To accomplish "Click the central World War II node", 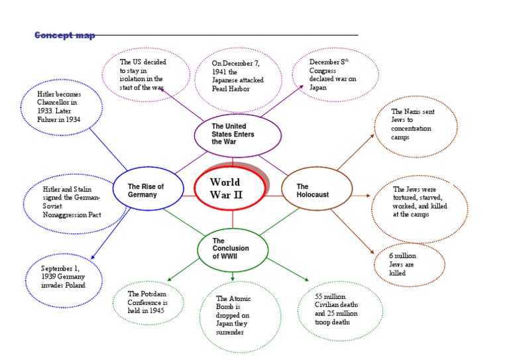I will pyautogui.click(x=230, y=188).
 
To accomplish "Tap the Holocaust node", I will pyautogui.click(x=316, y=191).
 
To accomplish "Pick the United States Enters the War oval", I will pyautogui.click(x=237, y=134).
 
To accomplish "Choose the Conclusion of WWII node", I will pyautogui.click(x=232, y=248).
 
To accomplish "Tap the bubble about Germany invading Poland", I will pyautogui.click(x=63, y=276).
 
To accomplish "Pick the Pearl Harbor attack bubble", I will pyautogui.click(x=237, y=76).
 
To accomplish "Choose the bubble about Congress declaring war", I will pyautogui.click(x=335, y=75).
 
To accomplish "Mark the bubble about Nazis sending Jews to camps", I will pyautogui.click(x=415, y=125).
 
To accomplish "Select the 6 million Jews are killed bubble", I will pyautogui.click(x=408, y=264).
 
